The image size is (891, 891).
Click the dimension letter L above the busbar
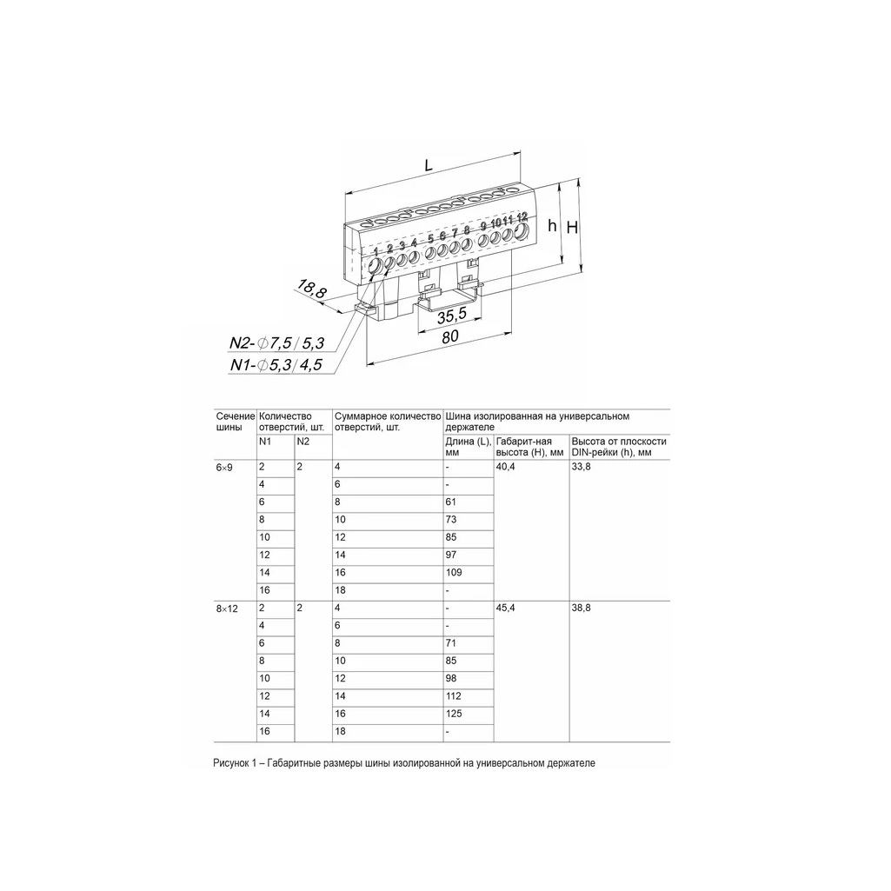click(x=429, y=165)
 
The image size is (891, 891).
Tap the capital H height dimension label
click(x=572, y=227)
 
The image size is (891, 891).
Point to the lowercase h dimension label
click(x=552, y=226)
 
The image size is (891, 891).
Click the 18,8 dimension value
click(x=312, y=289)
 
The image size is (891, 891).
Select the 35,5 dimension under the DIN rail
click(x=452, y=315)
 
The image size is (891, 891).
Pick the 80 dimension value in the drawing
click(x=450, y=336)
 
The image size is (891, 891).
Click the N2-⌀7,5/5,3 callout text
click(x=276, y=342)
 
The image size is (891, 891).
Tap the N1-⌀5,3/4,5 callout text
click(x=276, y=365)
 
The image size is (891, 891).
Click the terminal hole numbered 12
click(x=521, y=232)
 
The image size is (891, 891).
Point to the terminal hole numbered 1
click(x=376, y=267)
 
